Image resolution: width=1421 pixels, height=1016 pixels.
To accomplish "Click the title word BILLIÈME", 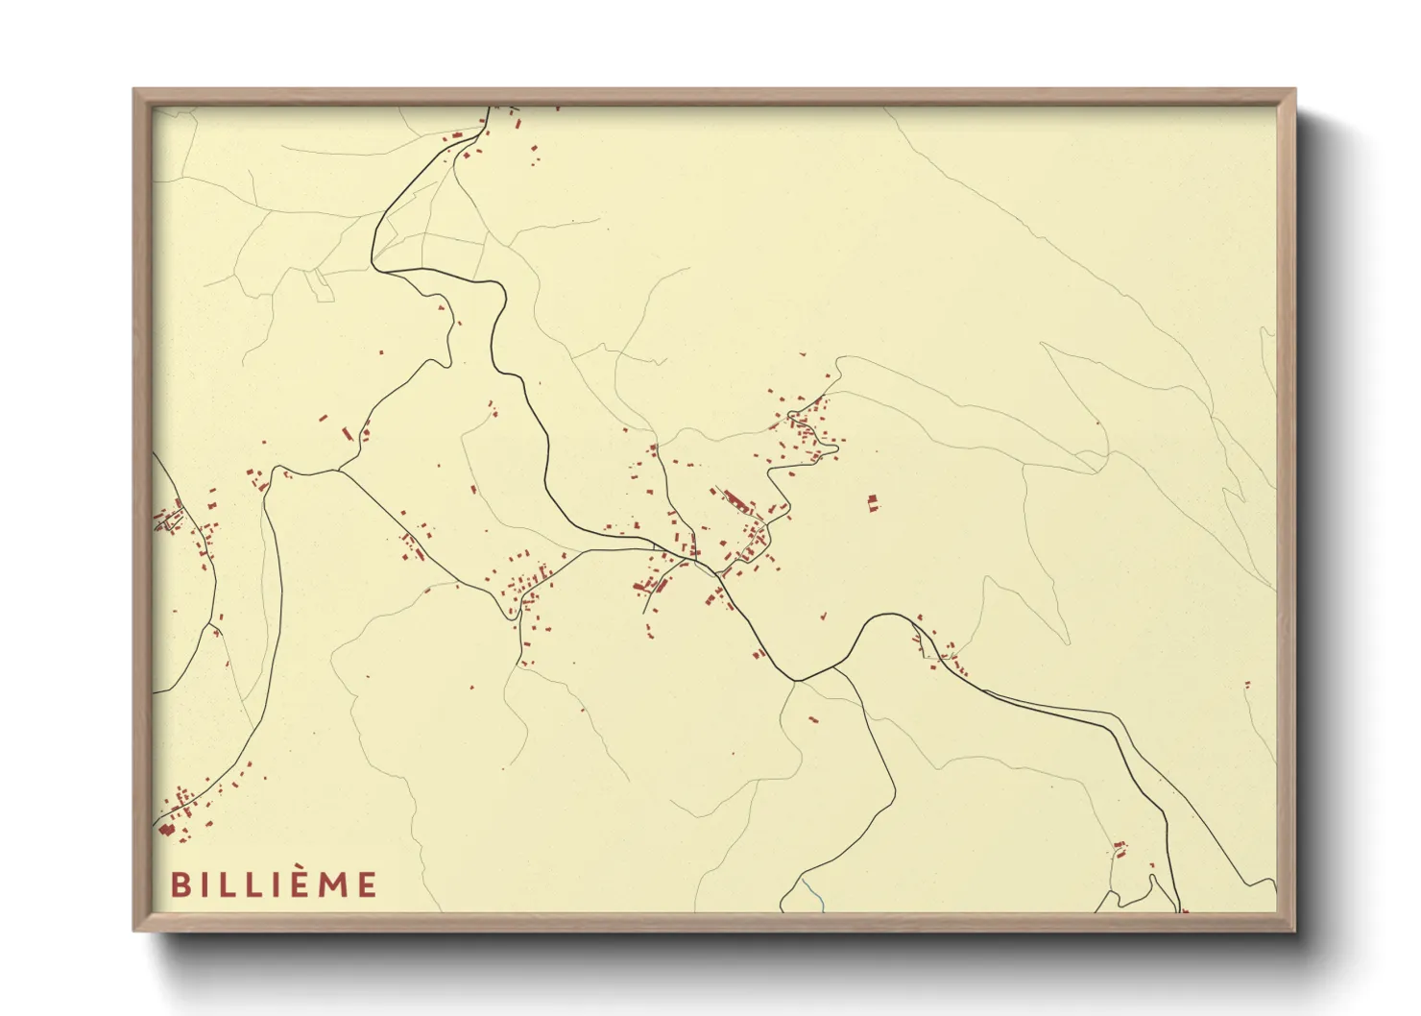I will coord(275,884).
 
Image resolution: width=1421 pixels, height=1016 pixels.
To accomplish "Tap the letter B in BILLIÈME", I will coord(180,884).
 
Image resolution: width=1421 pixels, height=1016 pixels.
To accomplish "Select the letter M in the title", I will coord(333,884).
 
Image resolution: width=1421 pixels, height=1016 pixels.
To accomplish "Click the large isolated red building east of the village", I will coord(872,502).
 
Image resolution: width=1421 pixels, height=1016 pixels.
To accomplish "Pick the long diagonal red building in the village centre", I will coord(735,500).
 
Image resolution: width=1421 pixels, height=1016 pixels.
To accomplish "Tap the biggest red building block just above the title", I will coord(166,830).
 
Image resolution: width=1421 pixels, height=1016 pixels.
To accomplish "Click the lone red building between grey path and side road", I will coord(812,718).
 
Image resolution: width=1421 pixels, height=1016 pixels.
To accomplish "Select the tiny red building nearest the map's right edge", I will coord(1248,685).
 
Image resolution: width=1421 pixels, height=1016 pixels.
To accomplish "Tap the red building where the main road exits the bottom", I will coord(1184,909).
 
